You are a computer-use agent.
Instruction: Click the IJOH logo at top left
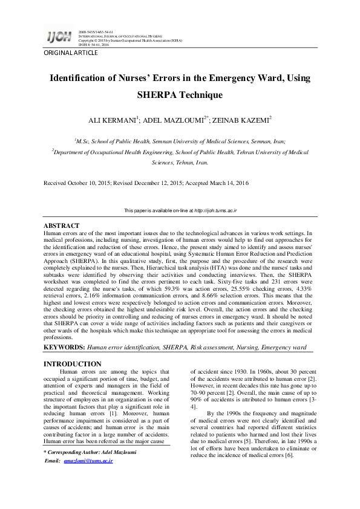pos(59,37)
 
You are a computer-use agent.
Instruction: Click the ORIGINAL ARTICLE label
pos(70,53)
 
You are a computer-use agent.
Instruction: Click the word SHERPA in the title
pos(162,95)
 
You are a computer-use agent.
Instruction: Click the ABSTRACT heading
pos(62,225)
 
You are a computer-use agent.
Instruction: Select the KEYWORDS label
pos(65,348)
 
